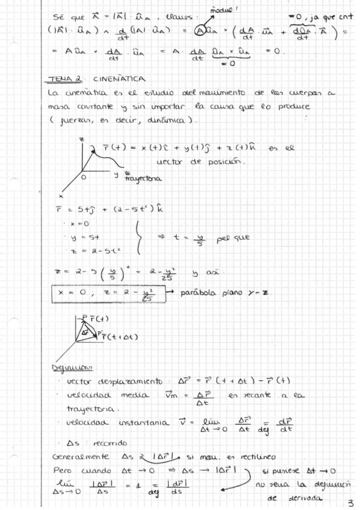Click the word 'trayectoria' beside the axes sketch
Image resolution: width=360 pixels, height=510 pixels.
[144, 179]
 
